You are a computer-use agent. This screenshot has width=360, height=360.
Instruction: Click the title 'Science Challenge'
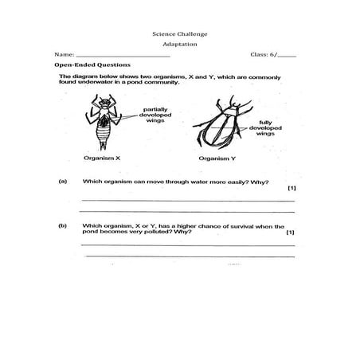click(179, 34)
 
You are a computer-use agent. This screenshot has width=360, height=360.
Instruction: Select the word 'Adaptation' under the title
click(179, 45)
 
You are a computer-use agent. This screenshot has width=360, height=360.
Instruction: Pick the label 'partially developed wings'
click(156, 114)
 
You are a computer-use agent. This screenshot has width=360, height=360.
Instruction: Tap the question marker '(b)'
click(63, 225)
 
